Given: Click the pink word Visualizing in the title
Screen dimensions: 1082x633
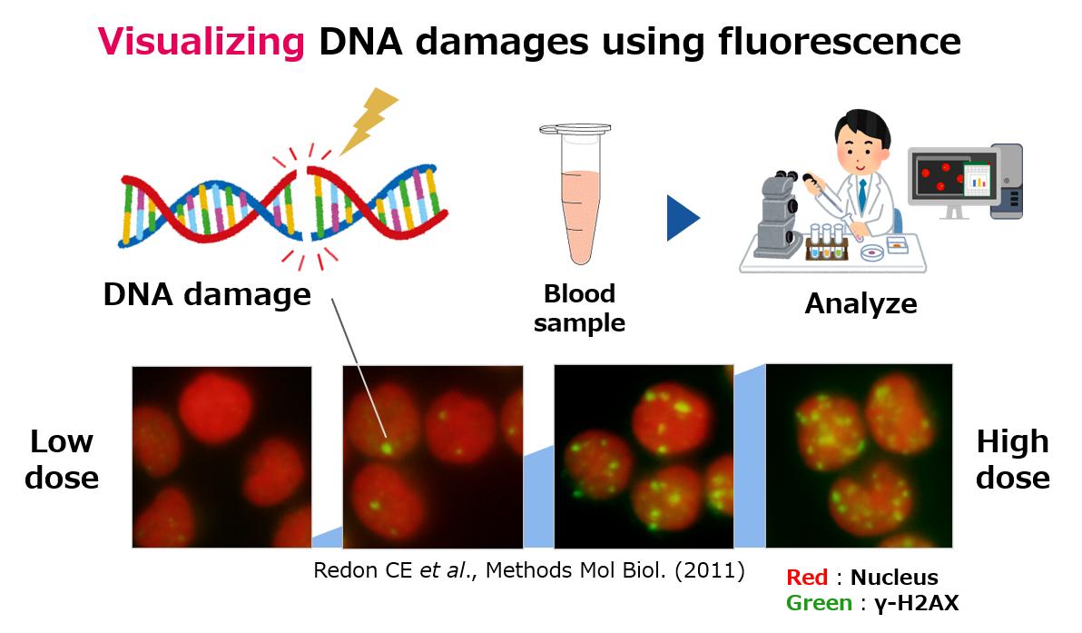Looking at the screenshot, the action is pos(201,42).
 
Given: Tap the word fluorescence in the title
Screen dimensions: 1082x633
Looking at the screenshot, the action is pos(839,41).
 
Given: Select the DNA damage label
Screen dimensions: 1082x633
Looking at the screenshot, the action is pos(207,295).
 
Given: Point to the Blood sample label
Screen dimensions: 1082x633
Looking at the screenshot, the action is pos(579,308).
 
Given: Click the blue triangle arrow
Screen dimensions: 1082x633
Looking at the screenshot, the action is pos(683,218).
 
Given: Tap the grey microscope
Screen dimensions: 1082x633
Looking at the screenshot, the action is pos(780,215).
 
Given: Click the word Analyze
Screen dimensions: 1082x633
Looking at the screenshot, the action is pos(861,303).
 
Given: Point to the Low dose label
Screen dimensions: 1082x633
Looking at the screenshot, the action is pos(62,459).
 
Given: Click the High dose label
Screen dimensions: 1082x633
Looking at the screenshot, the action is pos(1012,459).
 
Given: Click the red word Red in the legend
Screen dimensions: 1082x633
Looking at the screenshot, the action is pos(807,577).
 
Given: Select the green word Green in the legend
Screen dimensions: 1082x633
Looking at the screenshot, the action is pos(819,603).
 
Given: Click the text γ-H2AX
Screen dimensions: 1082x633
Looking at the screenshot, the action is pos(917,603).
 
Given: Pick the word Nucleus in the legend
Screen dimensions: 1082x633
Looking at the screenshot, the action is pos(894,577).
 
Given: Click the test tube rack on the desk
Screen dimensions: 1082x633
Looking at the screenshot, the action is pos(827,243).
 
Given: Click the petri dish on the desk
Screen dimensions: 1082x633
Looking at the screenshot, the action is pos(872,252).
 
